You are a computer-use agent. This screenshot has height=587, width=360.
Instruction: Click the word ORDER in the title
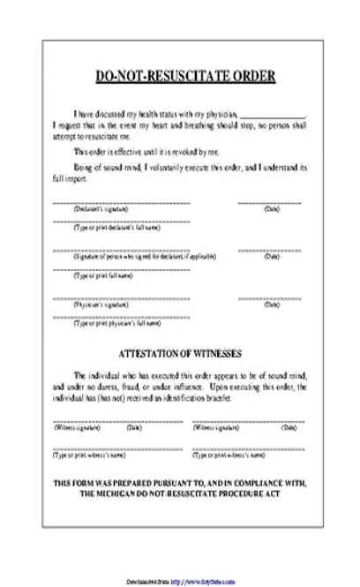(251, 77)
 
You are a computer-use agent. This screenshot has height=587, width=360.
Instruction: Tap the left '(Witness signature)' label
(78, 428)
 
